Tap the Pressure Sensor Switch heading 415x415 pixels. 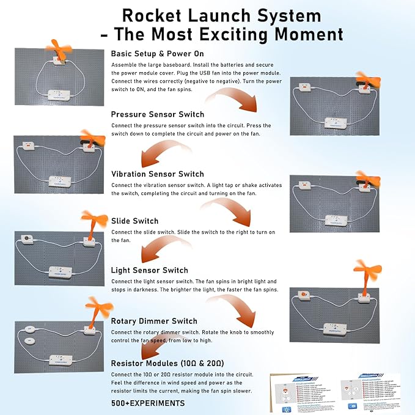click(158, 114)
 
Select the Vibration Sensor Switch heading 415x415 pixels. click(157, 174)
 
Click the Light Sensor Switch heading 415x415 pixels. click(149, 270)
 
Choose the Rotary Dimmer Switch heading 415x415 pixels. click(154, 321)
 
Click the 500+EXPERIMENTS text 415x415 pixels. click(148, 403)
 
